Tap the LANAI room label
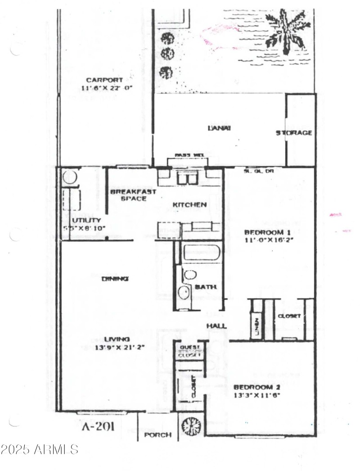219,128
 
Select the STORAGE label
294,133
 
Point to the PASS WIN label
186,155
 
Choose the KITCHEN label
190,205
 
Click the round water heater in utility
71,177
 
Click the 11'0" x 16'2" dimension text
265,240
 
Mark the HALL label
216,326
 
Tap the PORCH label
158,435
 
